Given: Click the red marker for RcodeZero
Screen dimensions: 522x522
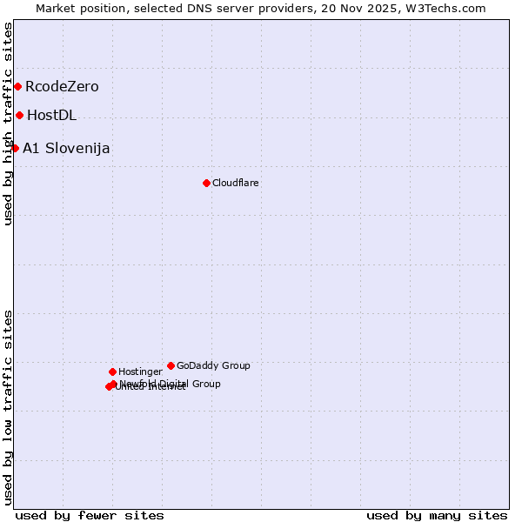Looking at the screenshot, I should coord(17,87).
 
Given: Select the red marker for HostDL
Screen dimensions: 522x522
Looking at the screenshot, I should coord(19,115).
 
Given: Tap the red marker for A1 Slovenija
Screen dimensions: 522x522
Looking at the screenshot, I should coord(15,148).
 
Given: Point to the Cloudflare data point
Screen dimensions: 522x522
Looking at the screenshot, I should coord(206,183).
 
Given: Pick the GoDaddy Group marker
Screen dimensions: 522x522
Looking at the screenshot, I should coord(171,365).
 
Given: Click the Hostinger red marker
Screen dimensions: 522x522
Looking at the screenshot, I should coord(112,371).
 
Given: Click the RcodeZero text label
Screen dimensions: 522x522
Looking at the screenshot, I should coord(62,87).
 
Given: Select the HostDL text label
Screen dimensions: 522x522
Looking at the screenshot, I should coord(51,115).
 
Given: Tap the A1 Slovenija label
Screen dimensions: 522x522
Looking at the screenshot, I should coord(66,148).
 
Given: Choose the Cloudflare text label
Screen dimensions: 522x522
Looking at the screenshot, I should coord(235,183).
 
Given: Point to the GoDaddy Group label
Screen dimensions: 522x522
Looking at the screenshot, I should coord(213,365).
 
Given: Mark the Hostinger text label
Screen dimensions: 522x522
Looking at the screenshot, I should coord(140,371).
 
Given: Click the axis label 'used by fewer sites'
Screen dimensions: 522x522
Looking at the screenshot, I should coord(90,515).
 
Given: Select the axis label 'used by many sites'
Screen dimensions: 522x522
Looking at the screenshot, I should coord(437,515).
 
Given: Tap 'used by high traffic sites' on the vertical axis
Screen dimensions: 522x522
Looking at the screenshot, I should coord(8,124).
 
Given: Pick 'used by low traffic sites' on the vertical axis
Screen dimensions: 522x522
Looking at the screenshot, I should coord(8,407).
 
